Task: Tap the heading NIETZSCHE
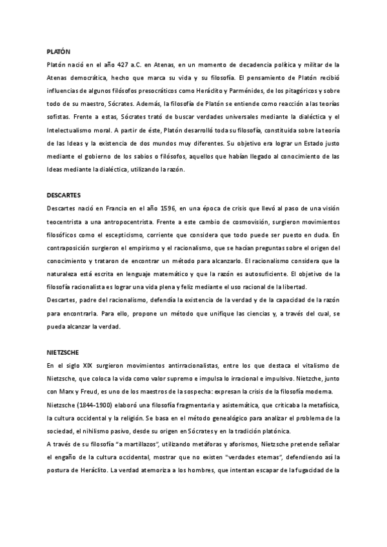tap(64, 353)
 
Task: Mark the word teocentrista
tap(66, 222)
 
